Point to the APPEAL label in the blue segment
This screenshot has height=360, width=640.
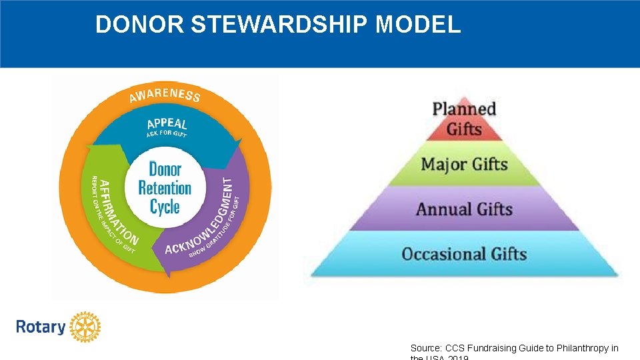[167, 124]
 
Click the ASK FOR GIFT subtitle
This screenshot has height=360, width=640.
[167, 134]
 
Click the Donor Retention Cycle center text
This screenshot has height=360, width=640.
[165, 188]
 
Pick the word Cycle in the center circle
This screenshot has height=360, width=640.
[165, 206]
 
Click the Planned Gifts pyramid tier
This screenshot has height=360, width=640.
[465, 118]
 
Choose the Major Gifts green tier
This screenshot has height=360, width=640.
[465, 164]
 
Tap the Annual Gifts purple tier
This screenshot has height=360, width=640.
[465, 209]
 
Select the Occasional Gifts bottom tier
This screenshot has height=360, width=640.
[465, 254]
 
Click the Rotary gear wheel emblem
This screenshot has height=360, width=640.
[85, 327]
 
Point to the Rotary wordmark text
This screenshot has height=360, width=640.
[41, 327]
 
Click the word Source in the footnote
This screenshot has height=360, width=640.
[424, 348]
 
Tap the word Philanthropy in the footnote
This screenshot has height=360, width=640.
[585, 348]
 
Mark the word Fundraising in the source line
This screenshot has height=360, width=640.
[491, 348]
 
